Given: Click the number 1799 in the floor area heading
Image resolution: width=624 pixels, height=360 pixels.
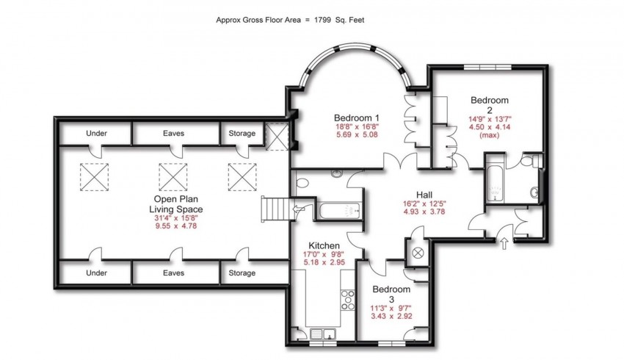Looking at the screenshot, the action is click(322, 20).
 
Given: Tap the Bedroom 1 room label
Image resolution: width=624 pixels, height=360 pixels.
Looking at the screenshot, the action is click(357, 118).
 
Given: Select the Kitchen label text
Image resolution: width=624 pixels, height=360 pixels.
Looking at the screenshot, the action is click(324, 245).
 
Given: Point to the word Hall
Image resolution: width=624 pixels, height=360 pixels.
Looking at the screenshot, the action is click(424, 195).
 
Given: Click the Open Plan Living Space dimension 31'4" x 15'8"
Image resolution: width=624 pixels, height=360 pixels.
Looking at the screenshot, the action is click(176, 218).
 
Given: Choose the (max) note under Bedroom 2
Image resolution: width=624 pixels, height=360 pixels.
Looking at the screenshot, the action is click(490, 135).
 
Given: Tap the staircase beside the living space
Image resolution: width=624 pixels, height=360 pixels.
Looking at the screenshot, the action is click(275, 209).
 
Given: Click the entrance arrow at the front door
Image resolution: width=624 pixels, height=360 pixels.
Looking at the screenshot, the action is click(504, 243).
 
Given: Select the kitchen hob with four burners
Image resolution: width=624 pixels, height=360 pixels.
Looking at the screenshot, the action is click(348, 300).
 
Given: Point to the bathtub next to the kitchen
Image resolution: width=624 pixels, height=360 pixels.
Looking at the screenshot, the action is click(339, 211).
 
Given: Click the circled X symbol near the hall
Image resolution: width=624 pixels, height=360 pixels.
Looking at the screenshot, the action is click(418, 252).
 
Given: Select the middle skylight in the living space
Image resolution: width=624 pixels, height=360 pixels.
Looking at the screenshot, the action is click(173, 177).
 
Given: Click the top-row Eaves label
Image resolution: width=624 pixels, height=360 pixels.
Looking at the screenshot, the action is click(173, 133).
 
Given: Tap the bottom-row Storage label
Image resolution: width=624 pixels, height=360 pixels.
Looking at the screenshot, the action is click(242, 273).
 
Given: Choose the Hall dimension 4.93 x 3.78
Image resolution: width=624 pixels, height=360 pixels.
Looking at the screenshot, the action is click(424, 212).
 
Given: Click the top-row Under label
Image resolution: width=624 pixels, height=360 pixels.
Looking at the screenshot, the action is click(96, 133).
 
